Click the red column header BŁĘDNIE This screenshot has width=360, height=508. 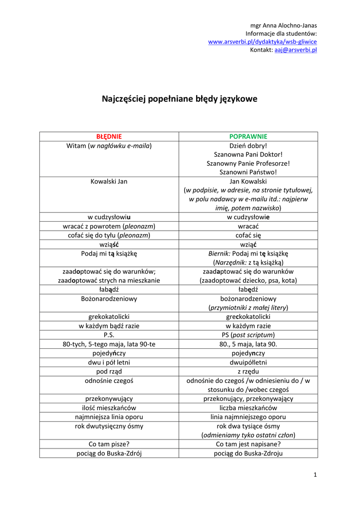[109, 136]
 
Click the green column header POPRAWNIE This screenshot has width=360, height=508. [248, 136]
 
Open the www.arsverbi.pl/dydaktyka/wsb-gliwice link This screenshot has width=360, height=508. [262, 42]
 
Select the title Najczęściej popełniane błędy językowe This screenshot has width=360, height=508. [180, 99]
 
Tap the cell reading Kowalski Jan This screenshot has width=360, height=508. [109, 182]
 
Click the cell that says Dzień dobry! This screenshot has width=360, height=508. [248, 146]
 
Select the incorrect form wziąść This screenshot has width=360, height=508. [109, 245]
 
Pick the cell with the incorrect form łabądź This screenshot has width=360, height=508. [109, 290]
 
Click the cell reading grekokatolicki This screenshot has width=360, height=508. [109, 317]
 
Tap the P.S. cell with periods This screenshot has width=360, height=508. [109, 335]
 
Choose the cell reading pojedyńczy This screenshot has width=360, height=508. [109, 353]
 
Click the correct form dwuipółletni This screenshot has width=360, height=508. [248, 362]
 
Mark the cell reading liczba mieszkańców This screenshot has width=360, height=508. [248, 408]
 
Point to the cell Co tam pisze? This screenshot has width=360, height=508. [109, 444]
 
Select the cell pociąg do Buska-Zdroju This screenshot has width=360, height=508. [248, 453]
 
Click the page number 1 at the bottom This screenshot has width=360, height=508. [315, 475]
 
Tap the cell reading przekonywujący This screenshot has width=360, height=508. [109, 398]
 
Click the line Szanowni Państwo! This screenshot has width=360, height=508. [248, 172]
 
